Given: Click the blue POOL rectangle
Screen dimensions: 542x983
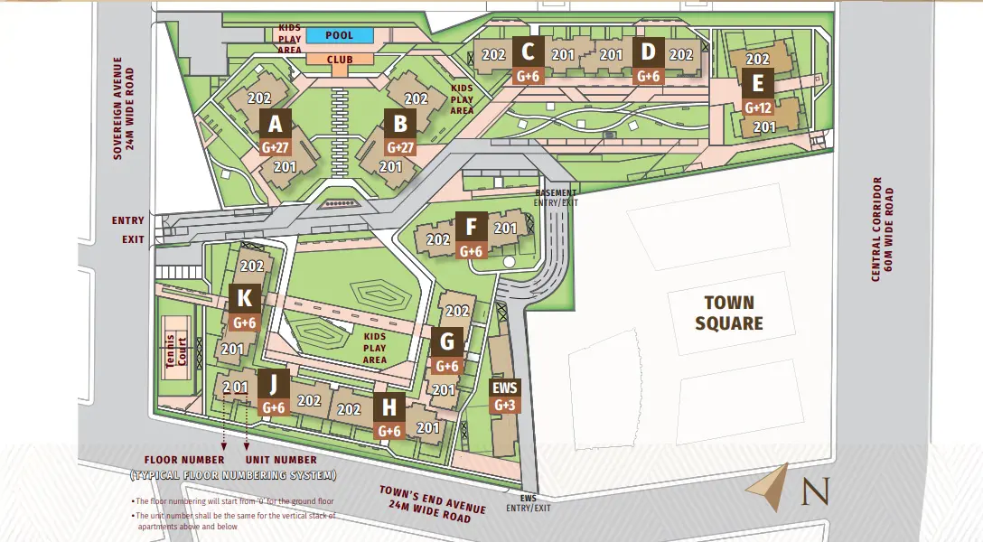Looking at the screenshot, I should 339,35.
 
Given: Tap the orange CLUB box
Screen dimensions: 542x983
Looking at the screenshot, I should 339,59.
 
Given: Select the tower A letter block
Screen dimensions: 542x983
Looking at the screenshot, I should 276,123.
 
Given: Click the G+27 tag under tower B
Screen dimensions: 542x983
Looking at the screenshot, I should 400,147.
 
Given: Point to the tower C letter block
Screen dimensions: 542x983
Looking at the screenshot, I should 528,51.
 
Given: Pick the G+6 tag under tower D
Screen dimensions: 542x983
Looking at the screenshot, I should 649,77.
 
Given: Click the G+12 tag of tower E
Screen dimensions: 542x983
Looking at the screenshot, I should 757,107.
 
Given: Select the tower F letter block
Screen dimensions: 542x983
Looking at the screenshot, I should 471,227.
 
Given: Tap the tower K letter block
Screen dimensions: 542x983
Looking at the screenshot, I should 245,298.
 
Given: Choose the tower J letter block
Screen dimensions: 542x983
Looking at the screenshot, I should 274,383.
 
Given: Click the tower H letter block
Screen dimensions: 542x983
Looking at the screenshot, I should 389,408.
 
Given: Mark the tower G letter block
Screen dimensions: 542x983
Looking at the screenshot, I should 447,342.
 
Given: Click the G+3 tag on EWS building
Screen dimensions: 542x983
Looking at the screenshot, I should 505,406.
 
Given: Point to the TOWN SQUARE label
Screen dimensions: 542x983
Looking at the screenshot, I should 729,313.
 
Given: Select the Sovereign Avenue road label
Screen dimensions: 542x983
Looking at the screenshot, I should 123,108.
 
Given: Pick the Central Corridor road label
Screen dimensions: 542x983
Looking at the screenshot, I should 882,230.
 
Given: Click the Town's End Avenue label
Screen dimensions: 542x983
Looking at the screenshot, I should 432,502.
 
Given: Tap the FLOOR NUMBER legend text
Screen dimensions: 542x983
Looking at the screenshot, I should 184,459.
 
